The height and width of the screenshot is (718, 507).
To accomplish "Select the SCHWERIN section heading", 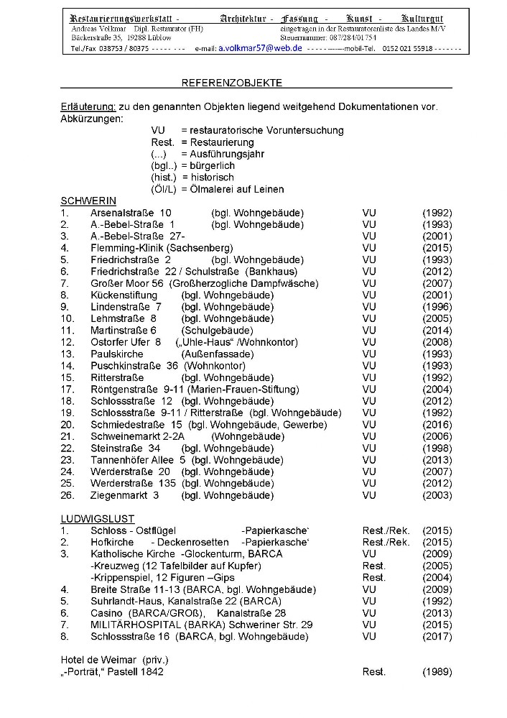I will pos(88,201).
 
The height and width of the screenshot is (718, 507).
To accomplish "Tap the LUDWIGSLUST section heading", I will pos(97,519).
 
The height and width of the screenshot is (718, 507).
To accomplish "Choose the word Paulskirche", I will pos(117,354).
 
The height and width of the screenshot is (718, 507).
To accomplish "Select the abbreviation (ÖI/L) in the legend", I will pos(165,189).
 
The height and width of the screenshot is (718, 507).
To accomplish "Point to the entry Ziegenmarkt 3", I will pos(124,495).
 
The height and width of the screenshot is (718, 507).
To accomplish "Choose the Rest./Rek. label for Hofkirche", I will pos(386,543).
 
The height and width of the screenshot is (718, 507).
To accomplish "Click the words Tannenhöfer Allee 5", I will pos(138,460).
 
